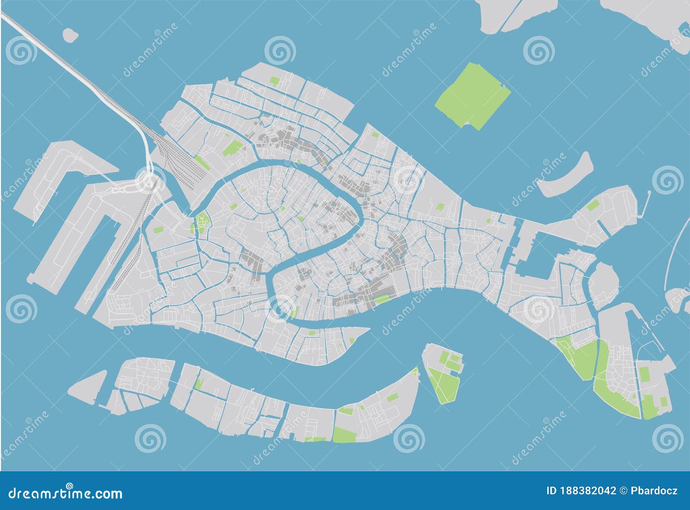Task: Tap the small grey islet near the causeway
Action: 69,35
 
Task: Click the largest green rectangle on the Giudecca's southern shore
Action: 344,435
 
